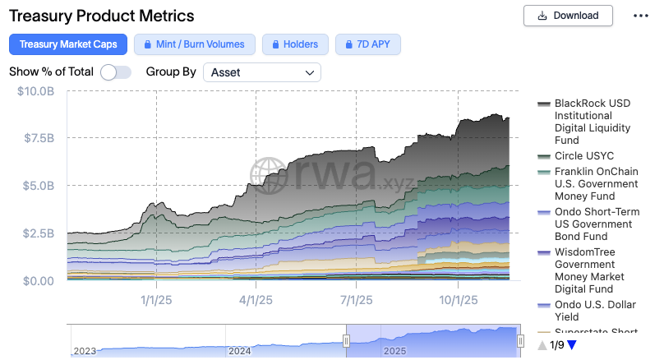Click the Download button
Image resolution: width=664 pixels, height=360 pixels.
coord(568,15)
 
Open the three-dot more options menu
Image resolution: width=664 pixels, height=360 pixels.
coord(641,16)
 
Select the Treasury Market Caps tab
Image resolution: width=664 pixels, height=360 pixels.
coord(68,44)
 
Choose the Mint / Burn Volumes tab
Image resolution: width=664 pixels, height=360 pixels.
coord(195,44)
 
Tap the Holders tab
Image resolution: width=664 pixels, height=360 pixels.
coord(296,44)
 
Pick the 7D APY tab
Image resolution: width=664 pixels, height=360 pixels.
coord(368,44)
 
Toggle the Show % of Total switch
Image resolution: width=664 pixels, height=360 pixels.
coord(116,72)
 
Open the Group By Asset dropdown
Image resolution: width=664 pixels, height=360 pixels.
coord(262,72)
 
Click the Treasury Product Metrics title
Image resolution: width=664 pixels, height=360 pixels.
coord(102,16)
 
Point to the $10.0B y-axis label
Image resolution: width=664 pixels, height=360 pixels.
coord(36,90)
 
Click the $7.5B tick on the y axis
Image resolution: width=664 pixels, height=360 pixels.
coord(38,138)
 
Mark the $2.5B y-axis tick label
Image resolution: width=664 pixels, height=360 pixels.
coord(38,233)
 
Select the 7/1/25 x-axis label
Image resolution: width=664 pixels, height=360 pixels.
coord(357,300)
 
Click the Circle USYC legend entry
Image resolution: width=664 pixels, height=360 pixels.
coord(583,156)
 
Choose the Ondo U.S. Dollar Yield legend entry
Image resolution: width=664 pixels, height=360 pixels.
coord(590,312)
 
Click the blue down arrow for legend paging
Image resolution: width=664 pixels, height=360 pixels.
coord(572,345)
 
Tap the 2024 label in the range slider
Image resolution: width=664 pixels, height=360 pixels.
coord(239,351)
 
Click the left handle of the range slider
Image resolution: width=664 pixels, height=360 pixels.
coord(347,341)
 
